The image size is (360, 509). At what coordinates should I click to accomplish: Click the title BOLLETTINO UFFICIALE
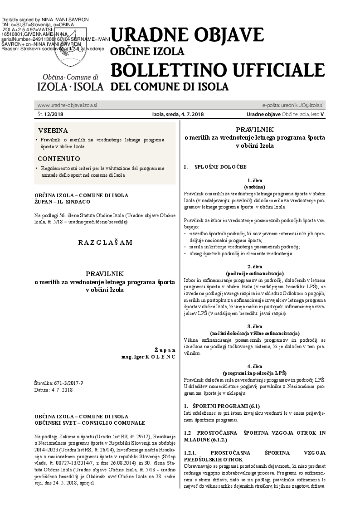point(218,70)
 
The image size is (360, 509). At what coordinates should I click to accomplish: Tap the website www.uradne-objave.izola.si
point(67,105)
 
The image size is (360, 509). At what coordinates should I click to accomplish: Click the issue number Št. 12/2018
point(51,114)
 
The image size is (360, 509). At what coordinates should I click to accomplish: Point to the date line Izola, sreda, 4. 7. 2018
point(178,114)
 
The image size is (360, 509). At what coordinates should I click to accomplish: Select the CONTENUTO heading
point(59,159)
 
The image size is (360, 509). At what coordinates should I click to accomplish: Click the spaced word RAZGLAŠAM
point(105,242)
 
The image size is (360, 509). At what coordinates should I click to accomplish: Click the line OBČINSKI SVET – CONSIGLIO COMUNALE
point(89,422)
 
